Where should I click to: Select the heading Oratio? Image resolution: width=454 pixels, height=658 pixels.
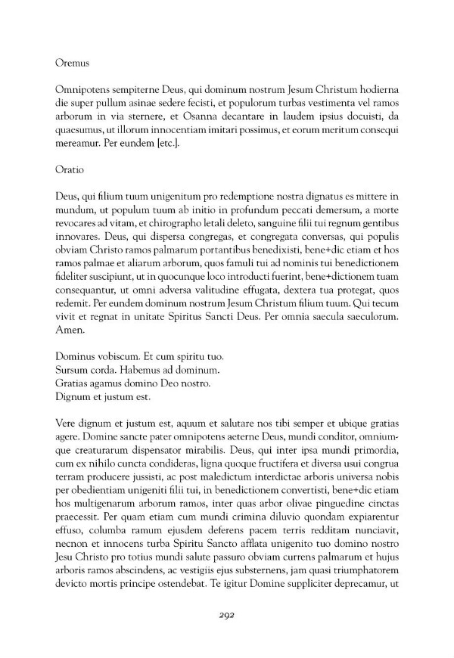70,172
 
